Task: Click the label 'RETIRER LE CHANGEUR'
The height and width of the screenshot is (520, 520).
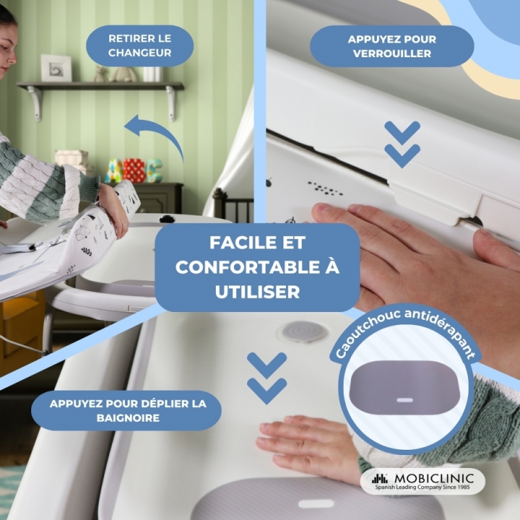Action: [140, 45]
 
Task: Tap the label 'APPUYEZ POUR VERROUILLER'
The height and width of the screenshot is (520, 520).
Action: [392, 46]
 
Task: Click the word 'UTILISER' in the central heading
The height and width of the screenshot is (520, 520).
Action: [257, 292]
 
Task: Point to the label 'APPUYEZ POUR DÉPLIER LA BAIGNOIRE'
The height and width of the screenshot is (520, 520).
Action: [127, 411]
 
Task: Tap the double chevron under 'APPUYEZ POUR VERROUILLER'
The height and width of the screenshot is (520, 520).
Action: [402, 144]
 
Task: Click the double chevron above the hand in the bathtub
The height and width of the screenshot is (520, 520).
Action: [267, 378]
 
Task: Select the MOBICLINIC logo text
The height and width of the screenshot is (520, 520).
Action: [434, 478]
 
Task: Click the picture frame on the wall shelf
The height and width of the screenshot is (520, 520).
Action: [56, 68]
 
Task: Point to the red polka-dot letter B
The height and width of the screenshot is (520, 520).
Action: [134, 170]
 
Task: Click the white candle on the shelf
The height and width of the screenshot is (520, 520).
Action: [152, 74]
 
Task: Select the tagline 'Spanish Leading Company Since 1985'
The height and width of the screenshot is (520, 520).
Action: [422, 487]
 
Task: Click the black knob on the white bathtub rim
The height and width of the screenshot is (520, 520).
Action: [167, 218]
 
